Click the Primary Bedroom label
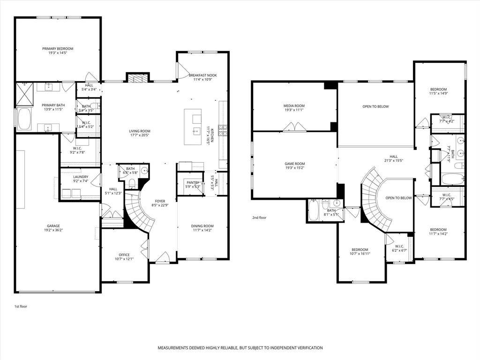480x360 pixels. [x=58, y=49]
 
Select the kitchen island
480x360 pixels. [x=193, y=127]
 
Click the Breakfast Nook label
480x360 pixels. [x=202, y=75]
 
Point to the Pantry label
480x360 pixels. [x=193, y=182]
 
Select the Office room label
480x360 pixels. [x=124, y=255]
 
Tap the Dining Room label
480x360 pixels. [x=202, y=226]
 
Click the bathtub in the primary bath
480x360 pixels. [x=23, y=119]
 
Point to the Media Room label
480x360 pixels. [x=294, y=105]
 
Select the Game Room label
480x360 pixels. [x=295, y=164]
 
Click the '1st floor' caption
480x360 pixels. [x=21, y=306]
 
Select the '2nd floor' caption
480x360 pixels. [x=259, y=217]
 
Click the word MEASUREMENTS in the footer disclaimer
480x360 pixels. [x=175, y=348]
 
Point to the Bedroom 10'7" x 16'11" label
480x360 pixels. [x=360, y=249]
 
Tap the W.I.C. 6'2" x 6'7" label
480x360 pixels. [x=399, y=246]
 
